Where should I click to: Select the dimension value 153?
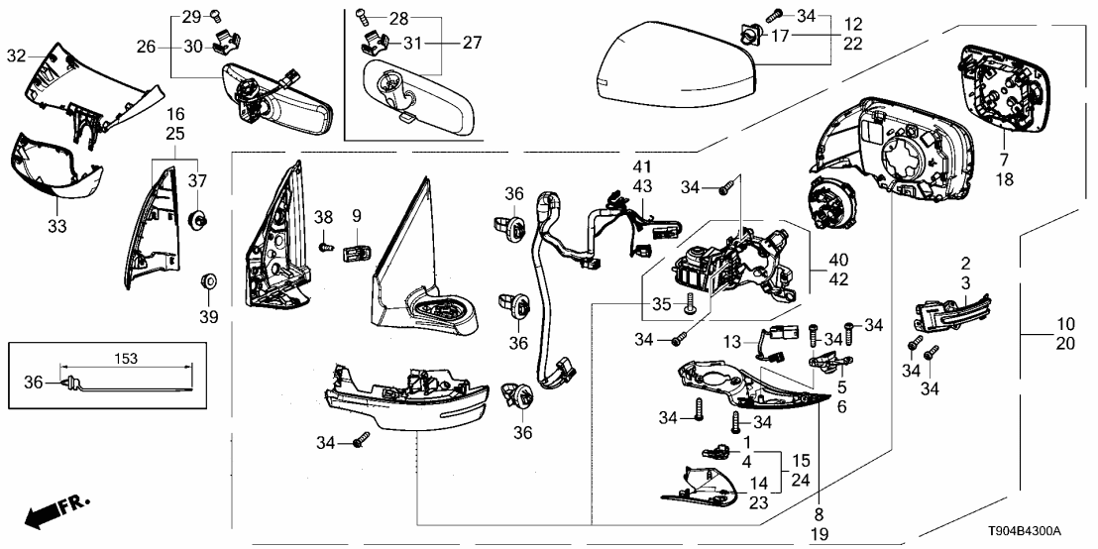click(x=126, y=358)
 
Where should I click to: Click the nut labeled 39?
click(x=210, y=280)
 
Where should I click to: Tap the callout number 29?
click(x=189, y=15)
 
